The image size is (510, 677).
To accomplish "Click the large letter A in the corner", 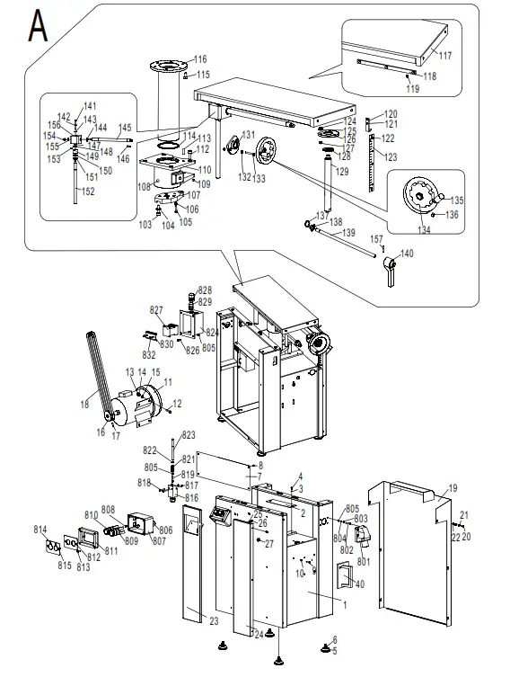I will (37, 26).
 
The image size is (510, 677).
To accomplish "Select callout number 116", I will (199, 59).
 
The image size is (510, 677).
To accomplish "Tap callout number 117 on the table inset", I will (445, 57).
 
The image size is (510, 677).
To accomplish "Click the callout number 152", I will (89, 192).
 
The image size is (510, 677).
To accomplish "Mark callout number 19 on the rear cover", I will (453, 487).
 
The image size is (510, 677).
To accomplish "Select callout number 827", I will (157, 310).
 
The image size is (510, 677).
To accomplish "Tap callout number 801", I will (363, 563).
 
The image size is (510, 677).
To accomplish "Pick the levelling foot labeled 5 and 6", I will (322, 646).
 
